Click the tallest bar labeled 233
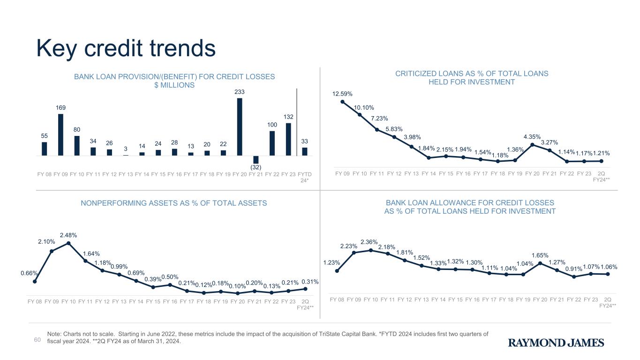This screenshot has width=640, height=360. point(240,127)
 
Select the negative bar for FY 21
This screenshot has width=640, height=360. point(256,159)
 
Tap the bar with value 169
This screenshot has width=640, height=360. point(60,135)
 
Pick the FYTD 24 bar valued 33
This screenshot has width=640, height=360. point(304,151)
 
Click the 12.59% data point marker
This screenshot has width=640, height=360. point(342,101)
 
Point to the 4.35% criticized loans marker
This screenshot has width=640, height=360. point(533,145)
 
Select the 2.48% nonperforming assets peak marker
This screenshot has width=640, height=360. point(68,243)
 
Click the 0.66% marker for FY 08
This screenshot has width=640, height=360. point(35,282)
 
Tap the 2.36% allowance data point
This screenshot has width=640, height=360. point(371,250)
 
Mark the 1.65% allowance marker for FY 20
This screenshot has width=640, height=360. point(540,263)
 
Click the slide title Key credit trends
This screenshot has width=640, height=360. point(126,48)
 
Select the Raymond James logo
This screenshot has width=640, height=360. point(556,343)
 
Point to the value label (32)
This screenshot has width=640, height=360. point(256,167)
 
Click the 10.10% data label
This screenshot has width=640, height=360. point(364,107)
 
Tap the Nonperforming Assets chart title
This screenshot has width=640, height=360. point(174,203)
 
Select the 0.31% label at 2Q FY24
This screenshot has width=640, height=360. point(310,281)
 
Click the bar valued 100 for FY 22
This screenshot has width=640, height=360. point(272,143)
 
